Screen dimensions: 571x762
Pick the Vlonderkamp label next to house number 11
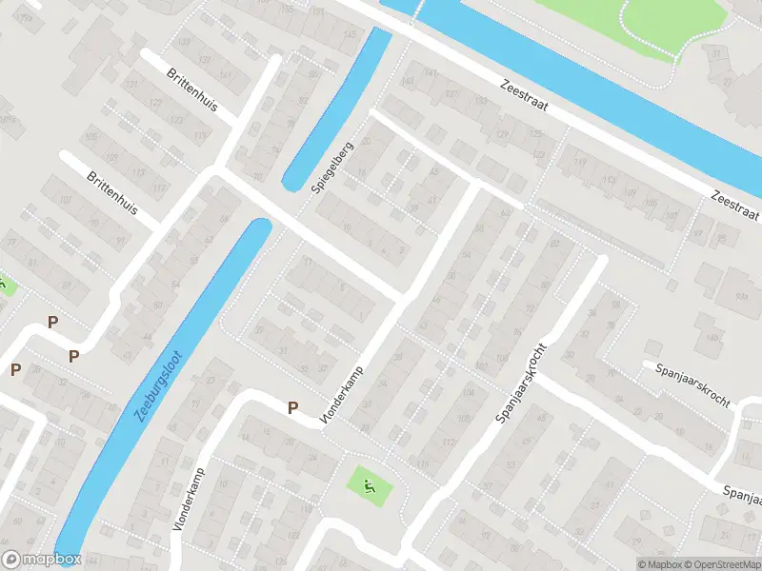click(189, 500)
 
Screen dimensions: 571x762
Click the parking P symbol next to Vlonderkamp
click(293, 407)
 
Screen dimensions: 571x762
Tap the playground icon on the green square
click(368, 486)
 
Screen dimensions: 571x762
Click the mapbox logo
click(42, 560)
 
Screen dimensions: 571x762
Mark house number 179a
click(9, 121)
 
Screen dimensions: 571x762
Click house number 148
click(710, 337)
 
